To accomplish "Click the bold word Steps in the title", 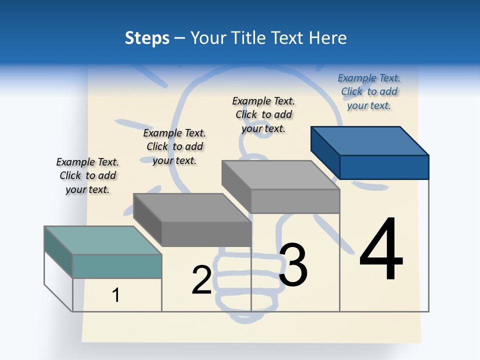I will pos(147,38).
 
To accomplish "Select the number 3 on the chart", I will pos(293,264).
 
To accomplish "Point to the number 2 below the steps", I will pos(201,280).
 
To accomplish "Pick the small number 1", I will pos(116,295).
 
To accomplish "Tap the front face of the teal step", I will pos(117,266).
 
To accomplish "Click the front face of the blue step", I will pos(384,167).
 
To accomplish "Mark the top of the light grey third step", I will pos(280,174).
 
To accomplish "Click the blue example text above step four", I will pos(369,91).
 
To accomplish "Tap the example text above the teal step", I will pos(87,175).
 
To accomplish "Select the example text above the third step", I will pos(263,114).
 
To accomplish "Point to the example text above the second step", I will pos(174,146).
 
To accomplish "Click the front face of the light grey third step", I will pos(295,201).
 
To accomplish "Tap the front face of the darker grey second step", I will pos(206,233).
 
